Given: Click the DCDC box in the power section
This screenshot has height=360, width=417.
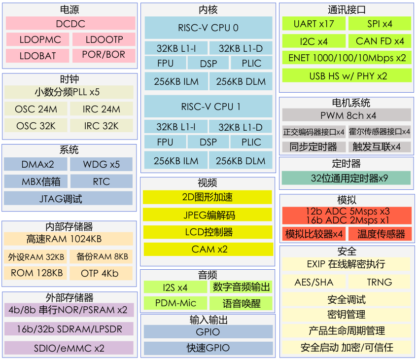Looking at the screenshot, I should pyautogui.click(x=70, y=24).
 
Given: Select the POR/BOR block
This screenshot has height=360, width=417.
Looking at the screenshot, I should pyautogui.click(x=104, y=55).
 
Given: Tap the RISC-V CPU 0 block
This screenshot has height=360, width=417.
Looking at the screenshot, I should pyautogui.click(x=208, y=28).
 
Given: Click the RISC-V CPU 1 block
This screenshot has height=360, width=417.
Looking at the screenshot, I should pyautogui.click(x=208, y=107).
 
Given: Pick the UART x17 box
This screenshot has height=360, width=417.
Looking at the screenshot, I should pyautogui.click(x=313, y=24).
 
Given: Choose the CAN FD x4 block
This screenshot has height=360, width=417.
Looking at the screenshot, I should pyautogui.click(x=380, y=41).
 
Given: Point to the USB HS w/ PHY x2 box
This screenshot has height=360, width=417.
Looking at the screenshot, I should pyautogui.click(x=347, y=76).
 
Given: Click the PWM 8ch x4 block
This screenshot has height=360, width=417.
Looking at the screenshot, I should pyautogui.click(x=347, y=115).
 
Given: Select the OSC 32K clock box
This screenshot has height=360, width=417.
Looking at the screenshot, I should pyautogui.click(x=36, y=126).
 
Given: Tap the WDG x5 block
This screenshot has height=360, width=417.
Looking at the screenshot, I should pyautogui.click(x=101, y=164).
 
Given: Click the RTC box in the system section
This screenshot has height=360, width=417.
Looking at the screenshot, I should pyautogui.click(x=101, y=181).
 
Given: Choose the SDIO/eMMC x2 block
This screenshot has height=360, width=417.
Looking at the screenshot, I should pyautogui.click(x=69, y=348).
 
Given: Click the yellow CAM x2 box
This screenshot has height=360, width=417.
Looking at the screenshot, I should pyautogui.click(x=208, y=249).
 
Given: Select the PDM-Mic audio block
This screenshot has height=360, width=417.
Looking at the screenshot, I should pyautogui.click(x=175, y=303).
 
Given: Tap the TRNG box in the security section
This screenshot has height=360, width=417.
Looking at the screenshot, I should pyautogui.click(x=379, y=282).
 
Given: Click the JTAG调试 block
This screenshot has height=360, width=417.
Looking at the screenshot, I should pyautogui.click(x=68, y=199).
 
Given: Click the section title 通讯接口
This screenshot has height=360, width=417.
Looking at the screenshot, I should pyautogui.click(x=347, y=10).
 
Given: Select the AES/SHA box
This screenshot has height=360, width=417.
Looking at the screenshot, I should pyautogui.click(x=313, y=282).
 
